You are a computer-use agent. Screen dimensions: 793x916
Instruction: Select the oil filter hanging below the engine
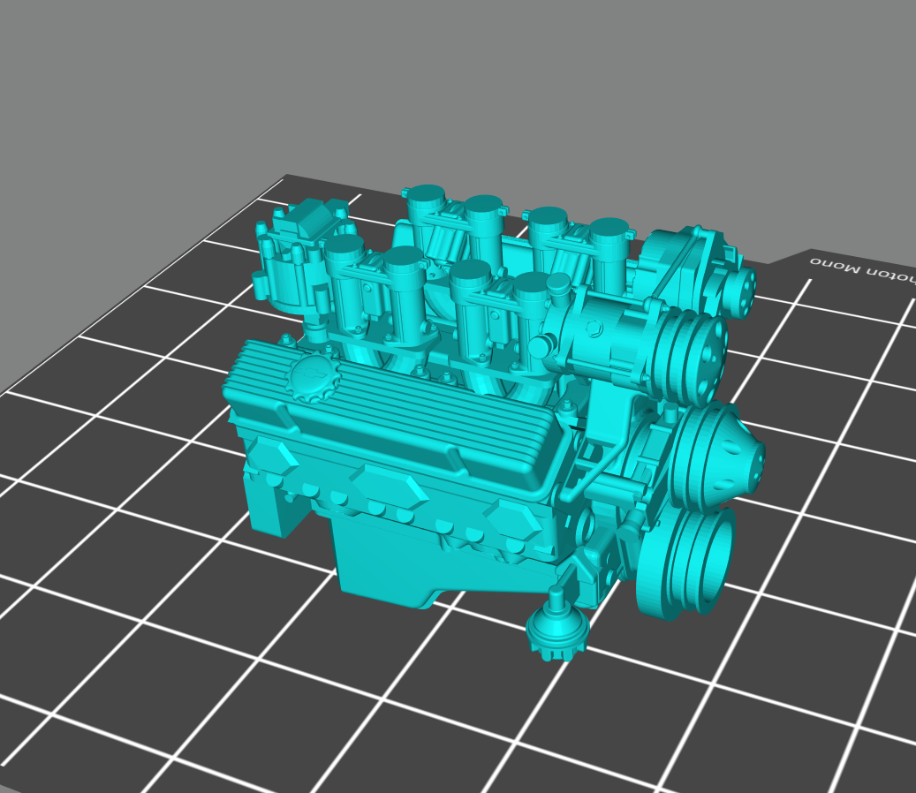[556, 631]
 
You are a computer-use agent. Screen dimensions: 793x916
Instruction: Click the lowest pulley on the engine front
[698, 556]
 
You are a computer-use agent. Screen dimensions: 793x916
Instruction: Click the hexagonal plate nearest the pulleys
[515, 524]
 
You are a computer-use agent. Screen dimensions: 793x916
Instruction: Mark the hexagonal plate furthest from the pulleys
[273, 458]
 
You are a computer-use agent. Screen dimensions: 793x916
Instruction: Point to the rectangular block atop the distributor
[309, 215]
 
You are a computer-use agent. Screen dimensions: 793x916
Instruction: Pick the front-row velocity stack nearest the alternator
[532, 284]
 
